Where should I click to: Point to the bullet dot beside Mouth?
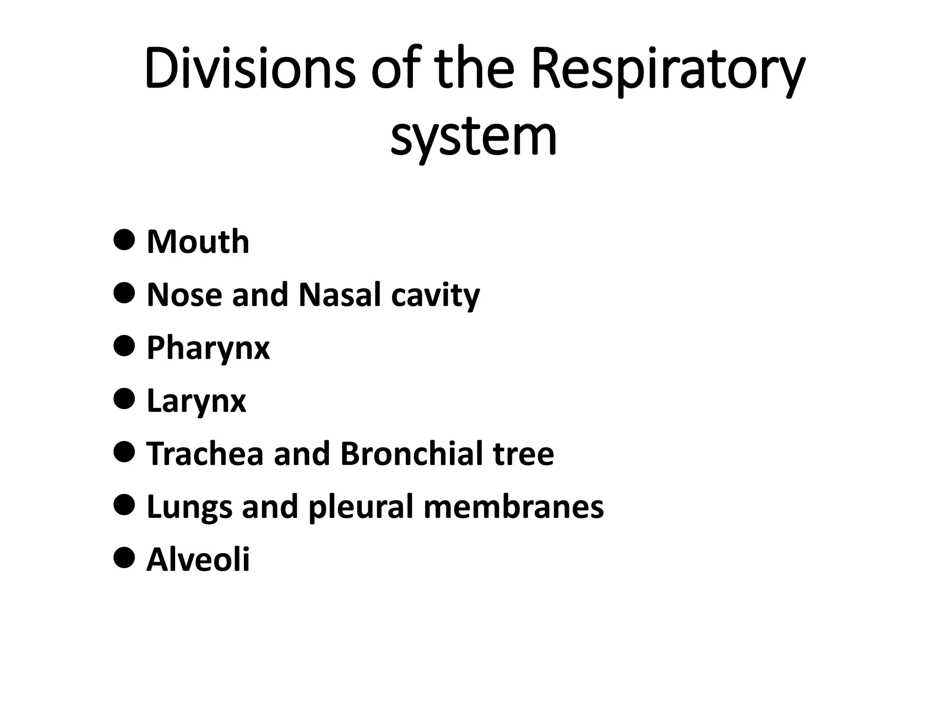(x=124, y=239)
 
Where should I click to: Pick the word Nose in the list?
(x=184, y=295)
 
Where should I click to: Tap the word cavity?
(x=435, y=296)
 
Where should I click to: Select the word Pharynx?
(x=208, y=349)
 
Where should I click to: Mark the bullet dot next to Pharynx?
(x=124, y=345)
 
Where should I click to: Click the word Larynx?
(x=196, y=401)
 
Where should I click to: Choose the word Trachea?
(x=205, y=454)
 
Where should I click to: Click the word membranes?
(x=513, y=506)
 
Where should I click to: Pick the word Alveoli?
(x=198, y=560)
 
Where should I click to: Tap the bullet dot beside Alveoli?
(x=124, y=557)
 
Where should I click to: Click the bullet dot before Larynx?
(x=124, y=398)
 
